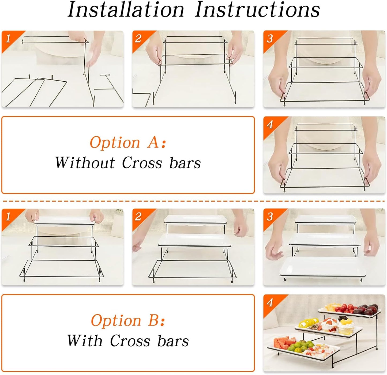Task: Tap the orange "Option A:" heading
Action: pyautogui.click(x=128, y=142)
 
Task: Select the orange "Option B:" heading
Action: pyautogui.click(x=128, y=320)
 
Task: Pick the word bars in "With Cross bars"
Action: pyautogui.click(x=173, y=341)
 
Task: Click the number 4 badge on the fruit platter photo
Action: pyautogui.click(x=270, y=303)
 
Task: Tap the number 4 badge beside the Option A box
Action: pyautogui.click(x=270, y=125)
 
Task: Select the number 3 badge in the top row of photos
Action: pyautogui.click(x=270, y=39)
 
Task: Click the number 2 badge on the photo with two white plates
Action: pyautogui.click(x=138, y=217)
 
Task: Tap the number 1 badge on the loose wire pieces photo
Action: pyautogui.click(x=8, y=39)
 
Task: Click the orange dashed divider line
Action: pyautogui.click(x=193, y=201)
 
